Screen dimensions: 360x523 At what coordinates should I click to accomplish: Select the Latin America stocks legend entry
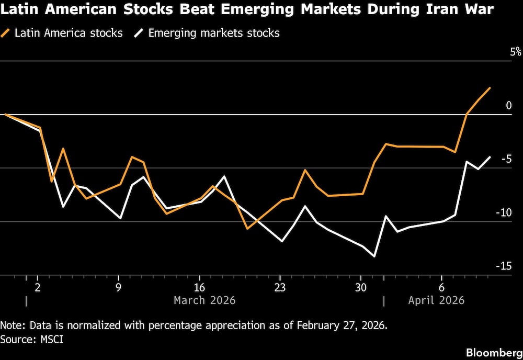coord(62,33)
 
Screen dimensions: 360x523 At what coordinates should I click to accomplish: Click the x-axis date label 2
coord(38,287)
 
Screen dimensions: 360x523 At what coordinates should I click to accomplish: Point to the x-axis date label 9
coord(119,287)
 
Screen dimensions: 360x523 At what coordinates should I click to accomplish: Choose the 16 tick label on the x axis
coord(199,287)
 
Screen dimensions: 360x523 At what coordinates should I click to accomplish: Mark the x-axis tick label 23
coord(280,287)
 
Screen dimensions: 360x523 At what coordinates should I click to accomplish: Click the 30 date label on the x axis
coord(360,287)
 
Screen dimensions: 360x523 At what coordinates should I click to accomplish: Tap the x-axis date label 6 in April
coord(441,287)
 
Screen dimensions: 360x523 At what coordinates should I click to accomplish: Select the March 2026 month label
coord(204,300)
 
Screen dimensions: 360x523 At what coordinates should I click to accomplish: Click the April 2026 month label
coord(436,300)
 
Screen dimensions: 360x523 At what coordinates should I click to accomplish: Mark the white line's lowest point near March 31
coord(374,256)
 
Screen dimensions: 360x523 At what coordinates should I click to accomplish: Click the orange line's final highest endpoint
coord(490,88)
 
